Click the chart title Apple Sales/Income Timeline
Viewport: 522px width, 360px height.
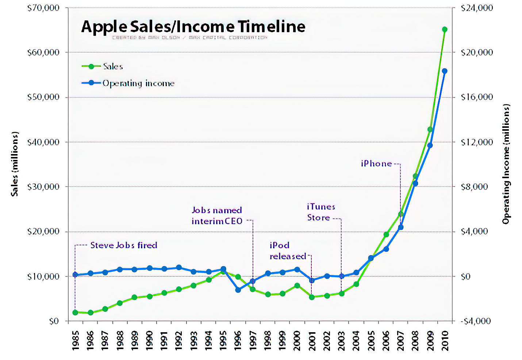193,27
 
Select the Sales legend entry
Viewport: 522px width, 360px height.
113,66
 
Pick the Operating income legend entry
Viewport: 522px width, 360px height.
138,83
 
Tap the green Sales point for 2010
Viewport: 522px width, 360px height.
445,30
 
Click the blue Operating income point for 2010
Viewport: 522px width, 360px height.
445,71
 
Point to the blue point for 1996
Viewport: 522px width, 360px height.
238,290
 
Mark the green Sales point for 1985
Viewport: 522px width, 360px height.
75,313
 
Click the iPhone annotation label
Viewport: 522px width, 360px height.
376,164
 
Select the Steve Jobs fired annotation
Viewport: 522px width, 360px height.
124,245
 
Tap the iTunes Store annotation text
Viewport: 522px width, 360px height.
321,212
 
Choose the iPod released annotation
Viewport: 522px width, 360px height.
288,251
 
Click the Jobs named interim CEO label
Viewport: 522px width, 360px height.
217,216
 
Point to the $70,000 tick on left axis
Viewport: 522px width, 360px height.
43,8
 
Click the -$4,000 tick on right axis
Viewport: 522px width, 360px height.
475,321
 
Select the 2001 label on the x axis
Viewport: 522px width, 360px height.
312,340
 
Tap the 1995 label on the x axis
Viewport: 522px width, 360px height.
223,340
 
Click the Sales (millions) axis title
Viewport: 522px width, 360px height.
15,164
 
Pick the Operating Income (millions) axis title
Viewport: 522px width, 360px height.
506,164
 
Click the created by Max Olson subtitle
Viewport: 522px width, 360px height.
189,38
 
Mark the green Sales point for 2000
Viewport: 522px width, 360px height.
297,286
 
